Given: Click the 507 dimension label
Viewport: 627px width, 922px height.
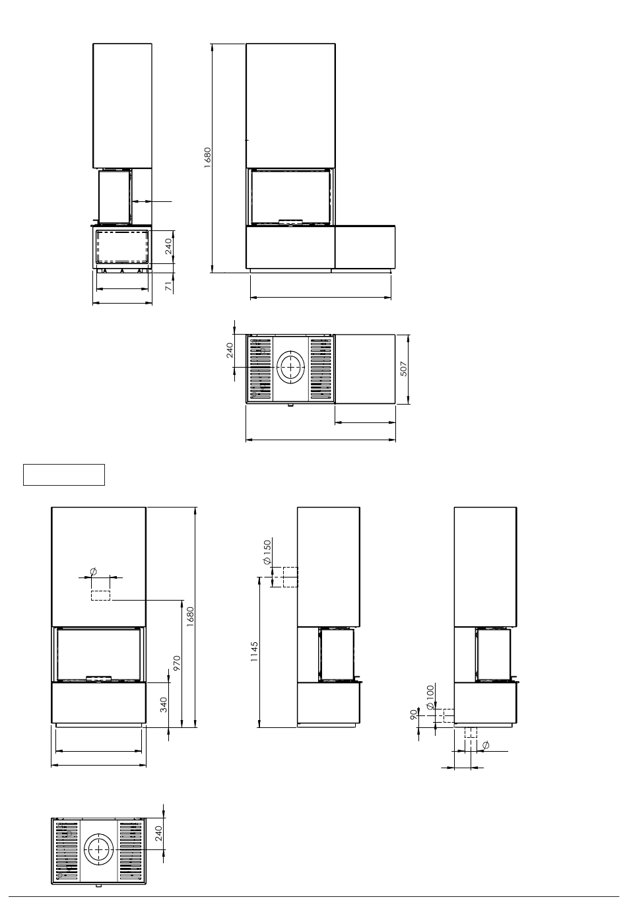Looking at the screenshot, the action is (x=403, y=369).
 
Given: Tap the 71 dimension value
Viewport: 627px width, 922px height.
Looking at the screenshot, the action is (x=169, y=286).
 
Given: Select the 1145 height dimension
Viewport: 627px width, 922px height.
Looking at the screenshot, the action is (x=254, y=651).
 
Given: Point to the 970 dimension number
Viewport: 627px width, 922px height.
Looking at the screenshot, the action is (x=177, y=663).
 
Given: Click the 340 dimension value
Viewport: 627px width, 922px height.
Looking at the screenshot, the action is (x=164, y=705).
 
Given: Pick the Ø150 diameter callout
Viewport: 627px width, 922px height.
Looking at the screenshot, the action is (x=267, y=552).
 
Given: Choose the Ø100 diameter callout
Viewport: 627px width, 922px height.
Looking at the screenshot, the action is (x=430, y=697).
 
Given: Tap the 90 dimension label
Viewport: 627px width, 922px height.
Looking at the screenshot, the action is (x=414, y=715).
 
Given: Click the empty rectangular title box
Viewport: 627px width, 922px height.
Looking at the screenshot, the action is (x=64, y=475).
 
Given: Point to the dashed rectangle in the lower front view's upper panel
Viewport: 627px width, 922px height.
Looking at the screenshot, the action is (x=100, y=595).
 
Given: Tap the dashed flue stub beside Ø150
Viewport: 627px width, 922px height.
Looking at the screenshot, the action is (x=290, y=577).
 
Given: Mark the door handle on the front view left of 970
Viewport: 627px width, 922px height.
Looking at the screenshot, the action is (x=98, y=677).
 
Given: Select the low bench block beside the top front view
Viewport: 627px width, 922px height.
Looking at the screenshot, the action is (x=365, y=247).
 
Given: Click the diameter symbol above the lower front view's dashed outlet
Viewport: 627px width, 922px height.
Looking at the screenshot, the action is (x=93, y=572).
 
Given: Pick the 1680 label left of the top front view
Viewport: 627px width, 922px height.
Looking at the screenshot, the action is (x=207, y=158).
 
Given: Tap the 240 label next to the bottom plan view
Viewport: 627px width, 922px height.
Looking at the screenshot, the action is (x=158, y=834).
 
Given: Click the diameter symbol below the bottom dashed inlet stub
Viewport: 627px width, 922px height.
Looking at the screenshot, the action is (x=485, y=744).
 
